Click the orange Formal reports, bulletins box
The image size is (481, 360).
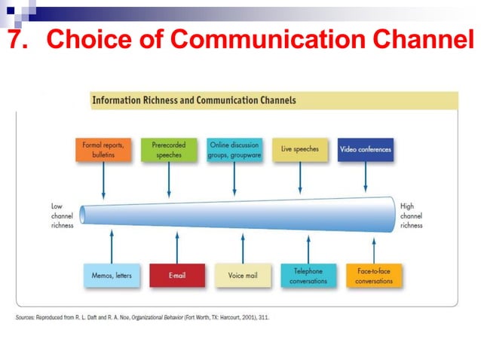point(103,149)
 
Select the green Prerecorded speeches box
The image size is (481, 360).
point(168,149)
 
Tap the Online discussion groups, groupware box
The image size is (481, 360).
point(234,149)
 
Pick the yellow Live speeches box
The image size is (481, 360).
point(300,149)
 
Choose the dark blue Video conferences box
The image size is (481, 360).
point(366,149)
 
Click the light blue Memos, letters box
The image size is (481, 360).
point(112,276)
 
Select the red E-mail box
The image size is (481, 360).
point(177,276)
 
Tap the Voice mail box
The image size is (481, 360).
point(242,276)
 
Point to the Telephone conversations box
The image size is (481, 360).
point(308,276)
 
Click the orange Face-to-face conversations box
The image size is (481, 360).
point(374,276)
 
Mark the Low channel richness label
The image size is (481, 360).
point(62,215)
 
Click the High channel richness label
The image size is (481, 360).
point(412,215)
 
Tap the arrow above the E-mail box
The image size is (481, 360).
point(177,247)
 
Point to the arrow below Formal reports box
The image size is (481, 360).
point(103,179)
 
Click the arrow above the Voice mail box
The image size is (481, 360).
point(242,247)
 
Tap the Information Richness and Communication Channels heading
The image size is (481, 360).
point(194,100)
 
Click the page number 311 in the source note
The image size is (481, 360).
point(262,318)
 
